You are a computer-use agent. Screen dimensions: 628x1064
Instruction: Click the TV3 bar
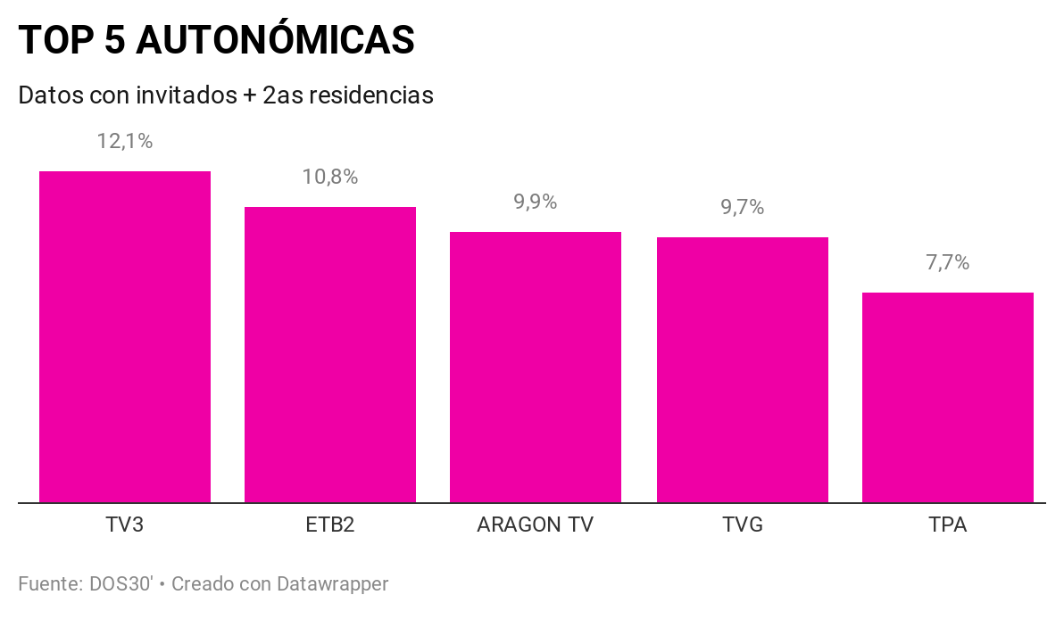[125, 336]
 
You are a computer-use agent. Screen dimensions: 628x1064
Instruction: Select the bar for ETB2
[330, 354]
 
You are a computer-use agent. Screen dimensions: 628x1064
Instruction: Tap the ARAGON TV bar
[536, 367]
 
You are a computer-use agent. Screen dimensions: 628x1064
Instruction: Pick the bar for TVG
[743, 369]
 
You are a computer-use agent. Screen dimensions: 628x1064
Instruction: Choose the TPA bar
[948, 397]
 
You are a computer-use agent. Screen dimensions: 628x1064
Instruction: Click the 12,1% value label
[125, 141]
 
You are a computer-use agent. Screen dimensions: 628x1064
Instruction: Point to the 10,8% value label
[330, 177]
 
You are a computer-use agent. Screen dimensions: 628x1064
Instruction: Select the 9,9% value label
[536, 202]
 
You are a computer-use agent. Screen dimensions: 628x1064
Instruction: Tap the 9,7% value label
[743, 207]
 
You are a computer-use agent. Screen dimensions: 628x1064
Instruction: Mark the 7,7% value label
[948, 262]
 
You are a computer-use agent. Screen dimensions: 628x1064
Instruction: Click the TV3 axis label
[125, 525]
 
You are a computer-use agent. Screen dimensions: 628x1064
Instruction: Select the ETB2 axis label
[330, 525]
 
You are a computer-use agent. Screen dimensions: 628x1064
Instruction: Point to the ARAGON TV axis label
[536, 525]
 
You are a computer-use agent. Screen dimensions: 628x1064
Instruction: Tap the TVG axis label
[743, 525]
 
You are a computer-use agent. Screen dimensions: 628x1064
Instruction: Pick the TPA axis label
[948, 525]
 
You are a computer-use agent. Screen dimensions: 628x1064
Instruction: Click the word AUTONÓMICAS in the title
[275, 39]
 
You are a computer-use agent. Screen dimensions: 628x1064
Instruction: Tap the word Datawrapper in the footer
[332, 584]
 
